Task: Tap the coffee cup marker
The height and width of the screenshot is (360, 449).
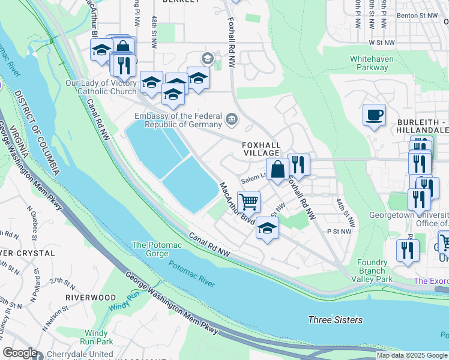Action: click(x=374, y=115)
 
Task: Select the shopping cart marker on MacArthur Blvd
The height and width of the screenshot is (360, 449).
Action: click(x=249, y=202)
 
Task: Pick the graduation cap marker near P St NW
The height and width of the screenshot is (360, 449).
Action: click(x=268, y=228)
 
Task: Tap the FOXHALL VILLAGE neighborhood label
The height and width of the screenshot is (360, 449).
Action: click(x=261, y=149)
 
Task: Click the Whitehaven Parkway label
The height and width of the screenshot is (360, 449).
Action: click(x=372, y=63)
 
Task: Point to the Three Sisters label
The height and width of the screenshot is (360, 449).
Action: click(x=336, y=320)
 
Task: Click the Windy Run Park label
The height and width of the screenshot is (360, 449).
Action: click(x=97, y=337)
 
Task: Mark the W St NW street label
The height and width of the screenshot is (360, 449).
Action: click(x=382, y=43)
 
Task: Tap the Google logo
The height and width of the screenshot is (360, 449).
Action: click(x=20, y=353)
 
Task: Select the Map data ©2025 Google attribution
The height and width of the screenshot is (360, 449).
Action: click(x=411, y=355)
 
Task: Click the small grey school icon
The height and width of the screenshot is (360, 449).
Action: click(x=208, y=58)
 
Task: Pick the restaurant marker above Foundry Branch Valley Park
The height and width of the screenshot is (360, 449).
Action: click(x=408, y=250)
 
